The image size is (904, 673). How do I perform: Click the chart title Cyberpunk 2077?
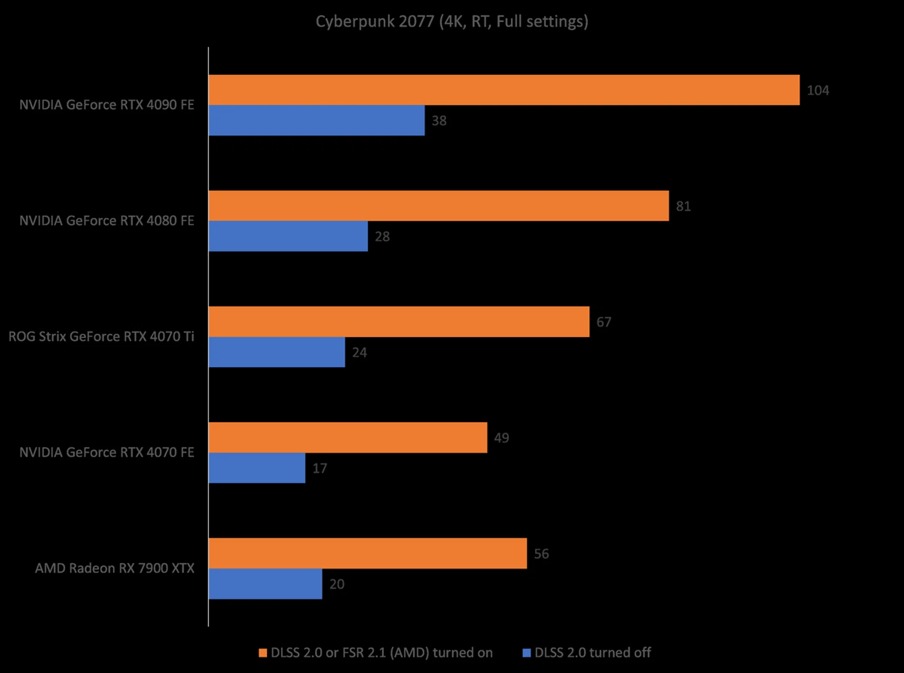click(x=452, y=22)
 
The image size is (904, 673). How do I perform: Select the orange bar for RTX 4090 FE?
click(x=504, y=90)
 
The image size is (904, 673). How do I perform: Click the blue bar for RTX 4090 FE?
click(x=316, y=121)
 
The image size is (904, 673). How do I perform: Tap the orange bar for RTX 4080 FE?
click(x=438, y=206)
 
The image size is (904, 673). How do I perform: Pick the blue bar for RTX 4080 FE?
click(x=288, y=236)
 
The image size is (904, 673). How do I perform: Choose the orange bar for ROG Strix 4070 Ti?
click(x=399, y=322)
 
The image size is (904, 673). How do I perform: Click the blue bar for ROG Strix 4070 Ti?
click(x=277, y=352)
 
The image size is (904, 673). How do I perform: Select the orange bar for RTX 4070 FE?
click(x=348, y=438)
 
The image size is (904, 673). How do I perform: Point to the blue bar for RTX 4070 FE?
click(x=257, y=468)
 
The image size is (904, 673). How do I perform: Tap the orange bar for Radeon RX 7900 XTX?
click(x=368, y=553)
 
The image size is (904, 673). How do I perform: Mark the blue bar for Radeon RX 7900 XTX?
click(x=266, y=584)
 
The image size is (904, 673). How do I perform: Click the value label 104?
click(x=818, y=90)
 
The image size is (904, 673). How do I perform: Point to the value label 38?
click(x=439, y=121)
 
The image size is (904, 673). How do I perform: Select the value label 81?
click(x=683, y=206)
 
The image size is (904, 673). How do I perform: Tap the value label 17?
click(x=320, y=469)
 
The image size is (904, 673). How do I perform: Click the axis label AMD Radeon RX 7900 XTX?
click(x=114, y=568)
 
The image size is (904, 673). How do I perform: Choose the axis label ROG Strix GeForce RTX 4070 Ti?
click(x=101, y=337)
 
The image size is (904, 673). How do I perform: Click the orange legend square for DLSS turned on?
click(x=263, y=653)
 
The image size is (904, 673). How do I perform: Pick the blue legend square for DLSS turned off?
click(x=527, y=653)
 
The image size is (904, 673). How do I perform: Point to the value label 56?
click(x=541, y=554)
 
